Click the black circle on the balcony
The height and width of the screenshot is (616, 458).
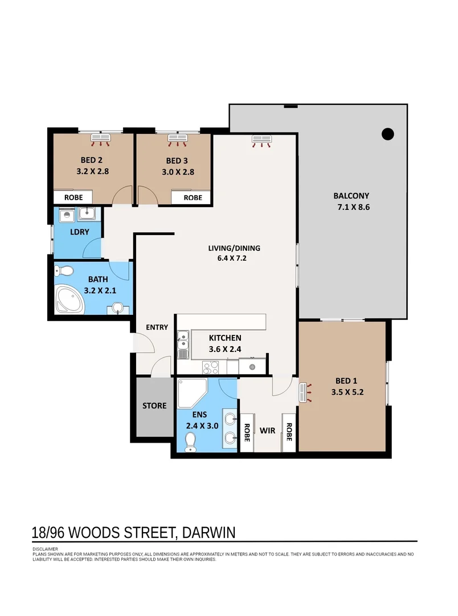(x=387, y=134)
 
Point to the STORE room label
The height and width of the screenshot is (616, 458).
(x=154, y=406)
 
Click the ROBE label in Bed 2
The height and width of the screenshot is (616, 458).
(x=73, y=197)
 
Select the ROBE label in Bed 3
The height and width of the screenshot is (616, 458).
(x=193, y=197)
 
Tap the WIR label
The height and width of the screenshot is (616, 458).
(x=267, y=430)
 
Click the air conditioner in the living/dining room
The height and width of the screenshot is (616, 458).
(x=262, y=139)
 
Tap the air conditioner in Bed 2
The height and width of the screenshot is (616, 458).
(x=104, y=137)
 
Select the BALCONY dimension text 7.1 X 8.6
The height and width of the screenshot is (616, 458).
(x=353, y=207)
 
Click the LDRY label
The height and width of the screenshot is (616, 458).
(x=78, y=232)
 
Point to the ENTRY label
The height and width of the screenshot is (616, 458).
(x=157, y=327)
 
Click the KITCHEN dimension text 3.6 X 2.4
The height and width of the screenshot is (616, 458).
(x=224, y=348)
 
